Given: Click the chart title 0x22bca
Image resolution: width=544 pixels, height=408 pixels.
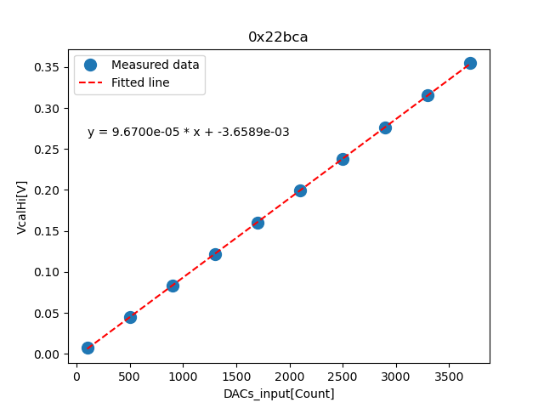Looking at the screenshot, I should click(x=278, y=37).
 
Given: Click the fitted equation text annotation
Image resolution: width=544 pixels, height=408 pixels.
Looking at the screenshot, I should click(x=188, y=132).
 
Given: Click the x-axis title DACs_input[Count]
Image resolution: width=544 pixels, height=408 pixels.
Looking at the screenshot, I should click(x=279, y=394).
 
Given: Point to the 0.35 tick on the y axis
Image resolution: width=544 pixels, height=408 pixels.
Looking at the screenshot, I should click(x=51, y=67).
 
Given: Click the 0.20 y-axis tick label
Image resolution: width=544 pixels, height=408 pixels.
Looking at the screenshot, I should click(x=51, y=190).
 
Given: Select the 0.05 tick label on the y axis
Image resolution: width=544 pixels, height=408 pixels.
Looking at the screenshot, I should click(x=51, y=314).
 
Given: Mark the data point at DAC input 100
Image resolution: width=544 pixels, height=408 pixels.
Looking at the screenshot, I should click(x=88, y=348).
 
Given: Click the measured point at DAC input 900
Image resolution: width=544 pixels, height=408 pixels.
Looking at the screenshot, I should click(x=173, y=286).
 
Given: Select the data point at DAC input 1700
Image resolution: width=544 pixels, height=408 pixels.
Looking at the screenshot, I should click(x=258, y=223).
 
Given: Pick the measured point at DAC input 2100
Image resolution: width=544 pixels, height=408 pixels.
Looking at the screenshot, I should click(x=300, y=190).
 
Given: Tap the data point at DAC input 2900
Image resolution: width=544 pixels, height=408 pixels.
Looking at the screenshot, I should click(x=385, y=127).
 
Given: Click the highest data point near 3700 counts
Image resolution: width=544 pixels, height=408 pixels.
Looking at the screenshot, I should click(x=470, y=63).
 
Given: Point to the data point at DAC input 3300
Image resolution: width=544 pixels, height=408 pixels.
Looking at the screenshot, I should click(x=428, y=95).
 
